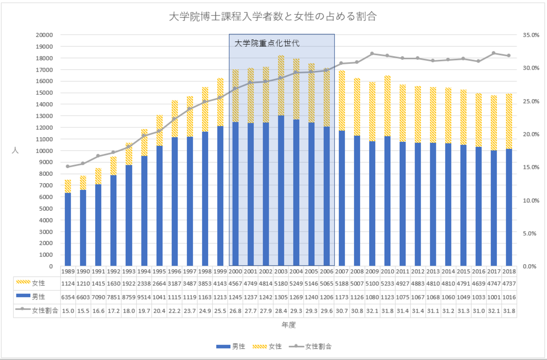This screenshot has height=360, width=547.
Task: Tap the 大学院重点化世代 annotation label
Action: point(266,43)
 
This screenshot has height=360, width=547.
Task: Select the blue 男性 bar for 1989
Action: point(68,229)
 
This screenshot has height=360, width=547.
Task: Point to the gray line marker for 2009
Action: point(372,54)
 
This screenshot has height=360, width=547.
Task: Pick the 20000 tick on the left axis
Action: point(45,35)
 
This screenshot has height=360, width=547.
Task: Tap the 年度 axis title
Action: point(288,325)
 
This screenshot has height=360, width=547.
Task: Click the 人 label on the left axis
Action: point(15,150)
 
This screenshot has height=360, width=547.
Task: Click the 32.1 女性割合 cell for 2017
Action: point(494,311)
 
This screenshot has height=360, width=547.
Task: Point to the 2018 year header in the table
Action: point(509,271)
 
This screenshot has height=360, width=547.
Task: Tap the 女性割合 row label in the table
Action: point(45,311)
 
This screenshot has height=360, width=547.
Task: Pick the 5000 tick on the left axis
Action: point(47,209)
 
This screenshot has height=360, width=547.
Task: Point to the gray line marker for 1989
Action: point(68,167)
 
